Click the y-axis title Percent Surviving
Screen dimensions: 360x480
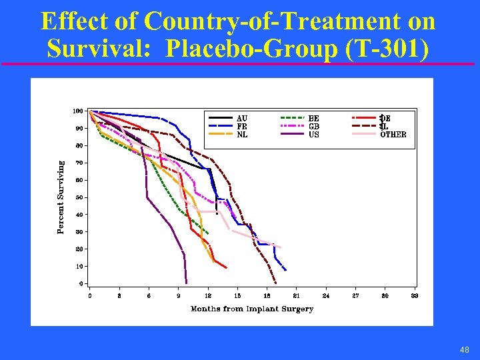tap(61, 196)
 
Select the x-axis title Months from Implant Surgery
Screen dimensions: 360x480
tap(252, 309)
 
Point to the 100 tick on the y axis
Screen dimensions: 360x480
tap(78, 111)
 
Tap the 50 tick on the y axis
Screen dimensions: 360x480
tap(79, 197)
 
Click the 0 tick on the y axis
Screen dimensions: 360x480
tap(81, 283)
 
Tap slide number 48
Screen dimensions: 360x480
tap(465, 349)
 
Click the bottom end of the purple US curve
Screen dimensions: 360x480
tap(187, 282)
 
